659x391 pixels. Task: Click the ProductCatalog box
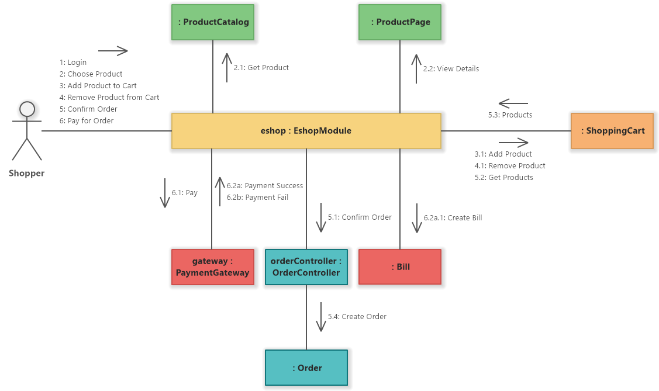pyautogui.click(x=213, y=22)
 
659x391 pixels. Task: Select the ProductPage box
pyautogui.click(x=400, y=22)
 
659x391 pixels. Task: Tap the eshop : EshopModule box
pyautogui.click(x=306, y=131)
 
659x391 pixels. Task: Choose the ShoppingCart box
pyautogui.click(x=612, y=131)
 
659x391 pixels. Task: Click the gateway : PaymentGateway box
pyautogui.click(x=213, y=267)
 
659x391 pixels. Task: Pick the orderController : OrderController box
pyautogui.click(x=306, y=267)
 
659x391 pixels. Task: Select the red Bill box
pyautogui.click(x=400, y=267)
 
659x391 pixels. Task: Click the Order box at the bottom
pyautogui.click(x=306, y=368)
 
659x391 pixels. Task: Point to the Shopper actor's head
pyautogui.click(x=27, y=109)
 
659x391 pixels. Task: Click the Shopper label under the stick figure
pyautogui.click(x=27, y=173)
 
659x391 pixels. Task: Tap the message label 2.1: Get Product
pyautogui.click(x=261, y=68)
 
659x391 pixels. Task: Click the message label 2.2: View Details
pyautogui.click(x=451, y=69)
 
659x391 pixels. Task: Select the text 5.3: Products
pyautogui.click(x=510, y=115)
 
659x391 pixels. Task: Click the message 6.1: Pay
pyautogui.click(x=184, y=192)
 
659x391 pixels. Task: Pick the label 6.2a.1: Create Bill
pyautogui.click(x=453, y=218)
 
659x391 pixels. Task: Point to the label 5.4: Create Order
pyautogui.click(x=357, y=317)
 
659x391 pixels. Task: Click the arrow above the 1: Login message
pyautogui.click(x=113, y=51)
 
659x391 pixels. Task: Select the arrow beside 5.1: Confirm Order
pyautogui.click(x=320, y=218)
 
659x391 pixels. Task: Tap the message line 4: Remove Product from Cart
pyautogui.click(x=109, y=98)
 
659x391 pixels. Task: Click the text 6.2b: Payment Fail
pyautogui.click(x=257, y=198)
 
